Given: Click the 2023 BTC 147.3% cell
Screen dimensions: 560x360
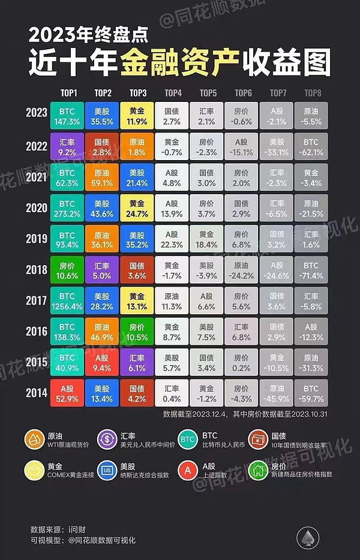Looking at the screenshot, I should point(68,113).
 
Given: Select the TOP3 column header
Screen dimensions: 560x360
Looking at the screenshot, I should point(137,93).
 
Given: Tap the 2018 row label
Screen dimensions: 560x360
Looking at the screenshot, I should point(37,269).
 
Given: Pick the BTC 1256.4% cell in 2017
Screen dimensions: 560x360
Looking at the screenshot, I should point(68,301).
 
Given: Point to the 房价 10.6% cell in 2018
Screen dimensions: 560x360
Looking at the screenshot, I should point(68,269).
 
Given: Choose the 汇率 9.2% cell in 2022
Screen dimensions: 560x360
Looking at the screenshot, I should point(68,144).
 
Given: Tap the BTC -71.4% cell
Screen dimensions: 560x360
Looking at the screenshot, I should point(311,269).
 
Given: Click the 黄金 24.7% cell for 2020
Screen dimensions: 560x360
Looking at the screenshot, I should point(137,207).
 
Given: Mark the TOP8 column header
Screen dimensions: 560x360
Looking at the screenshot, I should point(312,93).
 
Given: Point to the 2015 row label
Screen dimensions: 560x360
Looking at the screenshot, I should point(37,363).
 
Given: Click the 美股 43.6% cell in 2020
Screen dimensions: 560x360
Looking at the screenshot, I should point(103,207).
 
